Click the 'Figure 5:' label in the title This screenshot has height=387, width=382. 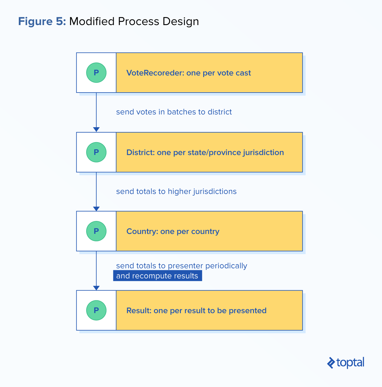point(42,21)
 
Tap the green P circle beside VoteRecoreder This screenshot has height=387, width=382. point(96,73)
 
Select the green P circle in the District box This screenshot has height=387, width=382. point(96,152)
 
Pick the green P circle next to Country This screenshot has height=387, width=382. point(96,231)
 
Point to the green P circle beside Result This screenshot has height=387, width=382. point(96,310)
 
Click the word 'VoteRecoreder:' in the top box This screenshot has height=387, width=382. point(155,73)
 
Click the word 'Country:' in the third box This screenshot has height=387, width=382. point(142,231)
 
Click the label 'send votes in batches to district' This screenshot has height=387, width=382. point(174,112)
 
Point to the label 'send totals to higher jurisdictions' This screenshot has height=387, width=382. point(176,191)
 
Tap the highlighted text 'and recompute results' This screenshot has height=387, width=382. point(157,276)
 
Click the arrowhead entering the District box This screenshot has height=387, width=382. point(96,129)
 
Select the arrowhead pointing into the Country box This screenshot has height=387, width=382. point(96,209)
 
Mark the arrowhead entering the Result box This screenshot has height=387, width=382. point(96,288)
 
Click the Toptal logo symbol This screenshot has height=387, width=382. point(331,363)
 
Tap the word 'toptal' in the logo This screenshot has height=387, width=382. point(350,363)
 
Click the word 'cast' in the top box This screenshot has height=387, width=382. point(244,73)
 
